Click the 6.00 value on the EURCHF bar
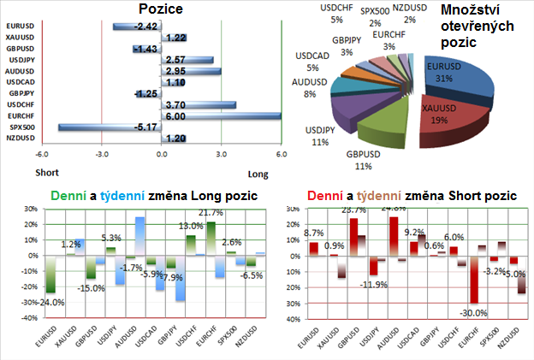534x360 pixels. point(175,115)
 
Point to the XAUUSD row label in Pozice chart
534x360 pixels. point(21,38)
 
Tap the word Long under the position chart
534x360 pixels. point(258,174)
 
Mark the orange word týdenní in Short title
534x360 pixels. point(365,196)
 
